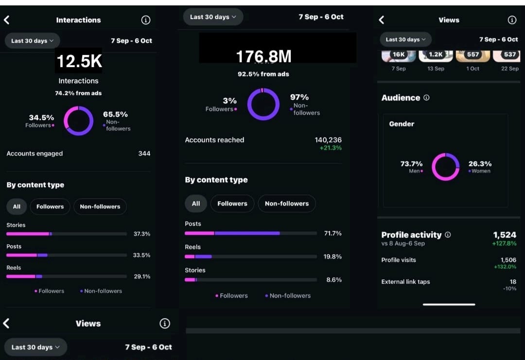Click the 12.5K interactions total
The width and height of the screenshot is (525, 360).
[x=79, y=61]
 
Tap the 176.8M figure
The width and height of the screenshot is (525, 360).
[x=263, y=57]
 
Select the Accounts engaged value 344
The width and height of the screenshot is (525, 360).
[x=144, y=154]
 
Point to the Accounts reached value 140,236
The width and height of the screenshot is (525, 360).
[x=328, y=140]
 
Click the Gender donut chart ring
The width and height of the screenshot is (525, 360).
[x=445, y=167]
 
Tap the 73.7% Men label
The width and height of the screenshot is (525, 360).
[x=411, y=164]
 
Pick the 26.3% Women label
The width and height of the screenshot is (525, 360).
[x=480, y=164]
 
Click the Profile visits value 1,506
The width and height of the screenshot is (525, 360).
[x=508, y=260]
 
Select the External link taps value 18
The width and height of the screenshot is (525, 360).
[x=513, y=282]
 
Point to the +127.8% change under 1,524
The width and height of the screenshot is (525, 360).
[x=504, y=243]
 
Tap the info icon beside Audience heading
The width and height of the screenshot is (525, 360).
[x=426, y=98]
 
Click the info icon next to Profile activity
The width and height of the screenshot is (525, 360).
[x=448, y=235]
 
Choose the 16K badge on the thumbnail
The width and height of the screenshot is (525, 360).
[x=399, y=54]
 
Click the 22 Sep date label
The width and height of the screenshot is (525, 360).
[x=509, y=69]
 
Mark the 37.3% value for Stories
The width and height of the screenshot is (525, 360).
[x=141, y=234]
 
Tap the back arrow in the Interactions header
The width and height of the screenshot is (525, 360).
[x=7, y=20]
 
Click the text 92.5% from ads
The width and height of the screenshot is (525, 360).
[x=263, y=74]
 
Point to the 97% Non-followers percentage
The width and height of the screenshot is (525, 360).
[x=299, y=97]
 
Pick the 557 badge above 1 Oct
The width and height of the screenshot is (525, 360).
[x=472, y=54]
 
